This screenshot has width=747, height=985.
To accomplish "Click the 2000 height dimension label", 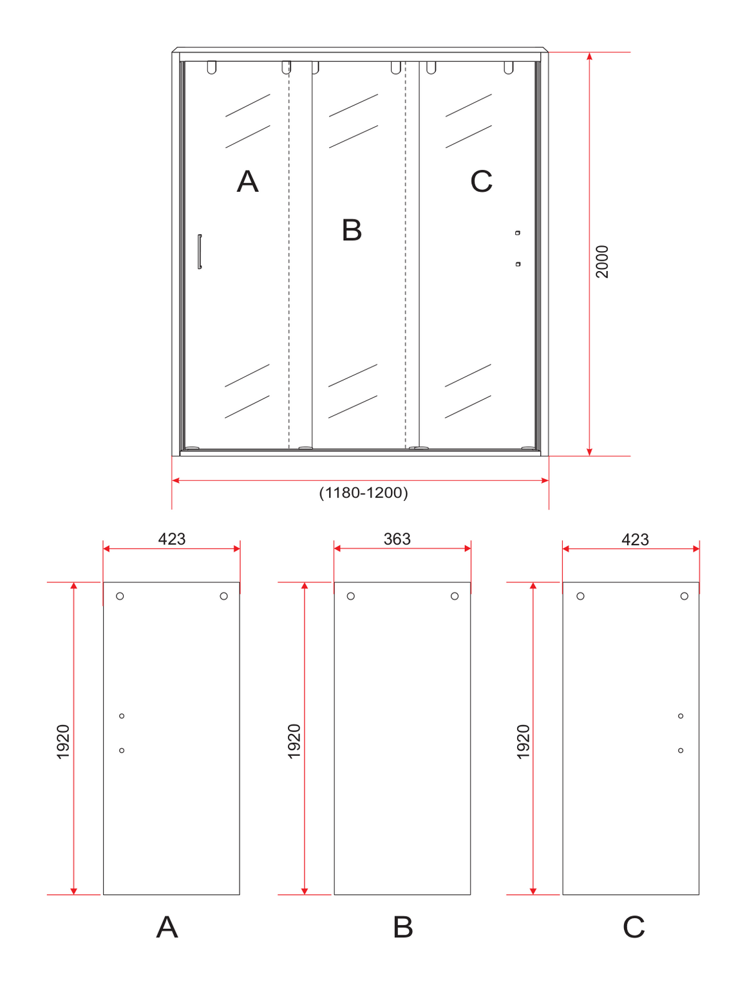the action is pyautogui.click(x=601, y=261).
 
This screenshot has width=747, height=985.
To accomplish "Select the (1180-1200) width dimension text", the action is pyautogui.click(x=363, y=493).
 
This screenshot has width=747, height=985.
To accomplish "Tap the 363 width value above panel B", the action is pyautogui.click(x=397, y=539).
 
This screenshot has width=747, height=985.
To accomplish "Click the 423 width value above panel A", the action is pyautogui.click(x=171, y=539).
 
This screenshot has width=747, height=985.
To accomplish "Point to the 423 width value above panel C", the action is pyautogui.click(x=635, y=539).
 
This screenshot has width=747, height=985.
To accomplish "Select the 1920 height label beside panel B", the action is pyautogui.click(x=294, y=742).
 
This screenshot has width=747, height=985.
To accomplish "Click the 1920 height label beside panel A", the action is pyautogui.click(x=63, y=742).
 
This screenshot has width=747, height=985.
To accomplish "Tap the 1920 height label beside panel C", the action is pyautogui.click(x=523, y=742).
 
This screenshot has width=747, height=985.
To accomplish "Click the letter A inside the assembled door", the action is pyautogui.click(x=248, y=182).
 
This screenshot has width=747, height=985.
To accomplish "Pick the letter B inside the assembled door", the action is pyautogui.click(x=352, y=230).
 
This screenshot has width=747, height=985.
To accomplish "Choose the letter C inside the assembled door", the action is pyautogui.click(x=482, y=182).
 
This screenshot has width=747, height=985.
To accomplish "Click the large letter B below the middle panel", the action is pyautogui.click(x=403, y=926).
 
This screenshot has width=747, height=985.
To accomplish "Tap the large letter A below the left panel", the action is pyautogui.click(x=167, y=926).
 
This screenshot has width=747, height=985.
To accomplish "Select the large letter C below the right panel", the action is pyautogui.click(x=634, y=926).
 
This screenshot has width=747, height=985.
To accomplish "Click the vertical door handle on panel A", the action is pyautogui.click(x=200, y=251).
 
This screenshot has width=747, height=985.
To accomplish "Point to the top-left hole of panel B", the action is pyautogui.click(x=351, y=596).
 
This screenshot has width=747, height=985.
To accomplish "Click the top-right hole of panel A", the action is pyautogui.click(x=224, y=596).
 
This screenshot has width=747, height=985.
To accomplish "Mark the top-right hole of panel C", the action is pyautogui.click(x=684, y=596).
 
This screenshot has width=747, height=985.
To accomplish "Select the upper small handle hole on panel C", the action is pyautogui.click(x=681, y=716).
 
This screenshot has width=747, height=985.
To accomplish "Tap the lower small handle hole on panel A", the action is pyautogui.click(x=122, y=750).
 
